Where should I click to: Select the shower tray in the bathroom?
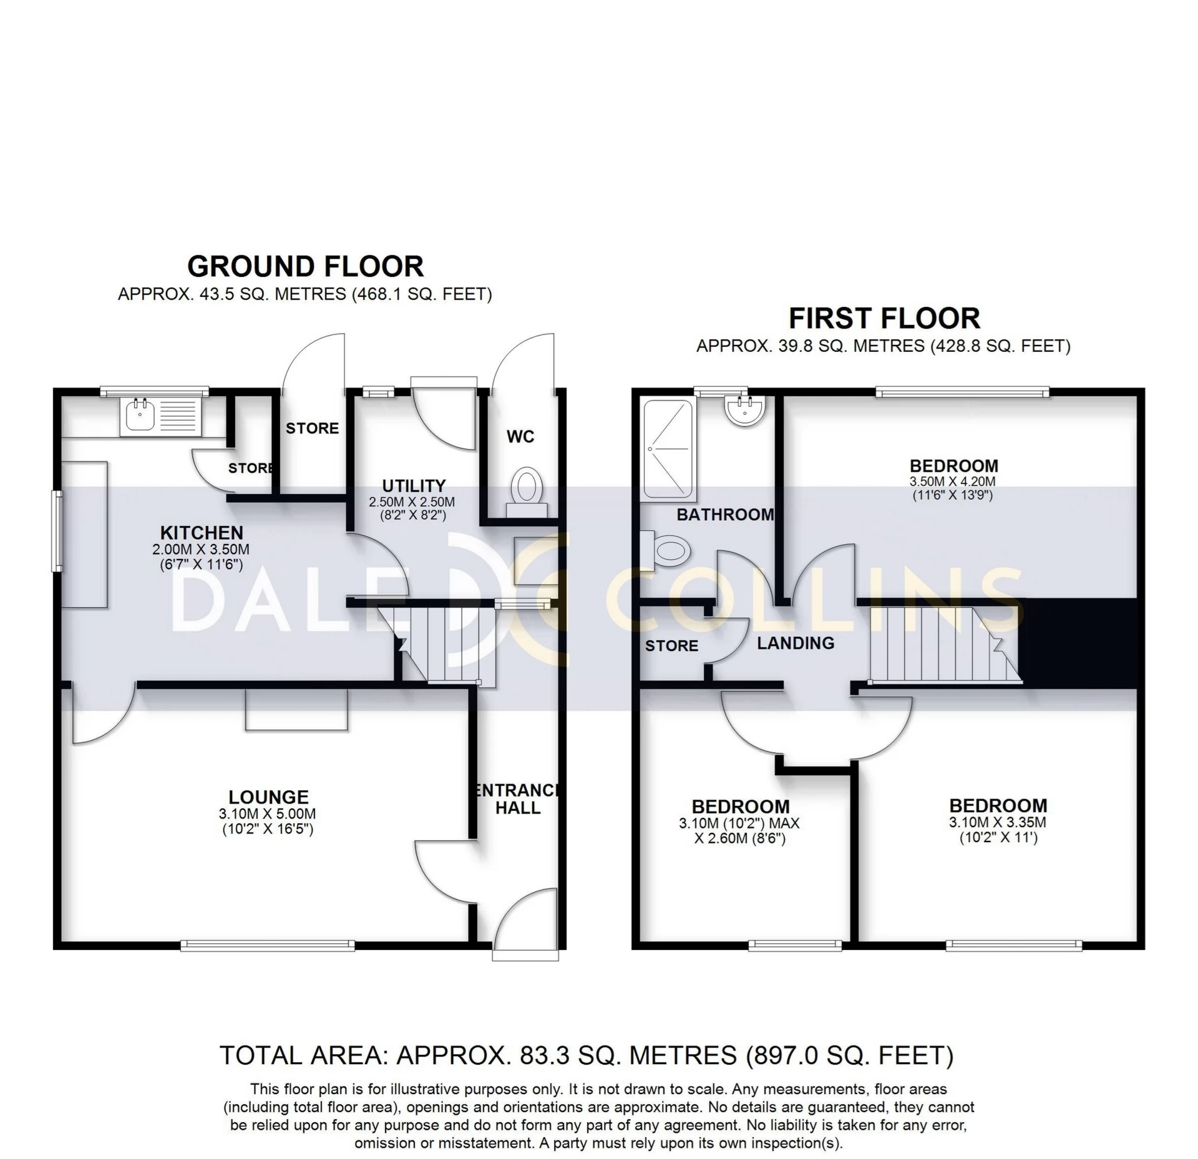point(668,450)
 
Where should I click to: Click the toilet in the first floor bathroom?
point(669,551)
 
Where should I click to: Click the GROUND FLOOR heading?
point(305,267)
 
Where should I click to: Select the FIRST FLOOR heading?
point(884,319)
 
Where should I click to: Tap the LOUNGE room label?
point(268,797)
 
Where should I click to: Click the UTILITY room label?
point(414,485)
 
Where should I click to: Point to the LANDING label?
point(796,643)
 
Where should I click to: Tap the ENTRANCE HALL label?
point(517,799)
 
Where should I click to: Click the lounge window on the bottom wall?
point(268,946)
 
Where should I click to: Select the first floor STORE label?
point(671,646)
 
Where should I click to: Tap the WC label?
point(520,437)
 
